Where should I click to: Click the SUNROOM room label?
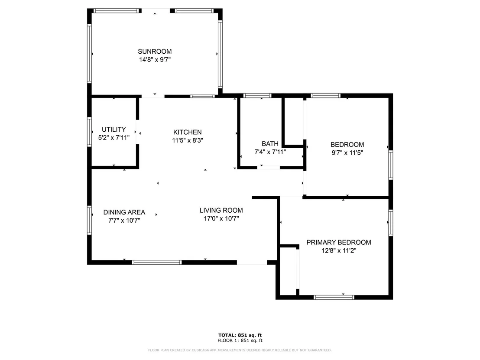point(155,52)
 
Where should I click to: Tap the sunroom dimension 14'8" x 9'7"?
point(155,60)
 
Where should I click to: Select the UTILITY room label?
point(114,130)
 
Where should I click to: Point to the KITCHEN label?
point(187,132)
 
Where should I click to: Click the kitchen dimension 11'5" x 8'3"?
point(187,140)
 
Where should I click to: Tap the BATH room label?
point(270,143)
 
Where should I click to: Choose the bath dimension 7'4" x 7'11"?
point(270,152)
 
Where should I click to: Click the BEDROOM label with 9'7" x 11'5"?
point(347,145)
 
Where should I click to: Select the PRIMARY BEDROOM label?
point(339,243)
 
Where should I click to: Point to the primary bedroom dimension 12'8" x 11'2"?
point(339,251)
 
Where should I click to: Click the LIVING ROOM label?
point(221,210)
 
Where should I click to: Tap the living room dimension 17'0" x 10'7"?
point(221,219)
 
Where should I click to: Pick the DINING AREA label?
point(124,212)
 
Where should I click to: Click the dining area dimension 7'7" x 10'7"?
point(124,221)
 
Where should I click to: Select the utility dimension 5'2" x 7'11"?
point(114,138)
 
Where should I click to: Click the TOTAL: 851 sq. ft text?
point(240,335)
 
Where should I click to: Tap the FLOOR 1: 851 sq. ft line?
point(240,341)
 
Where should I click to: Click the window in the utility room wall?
point(89,132)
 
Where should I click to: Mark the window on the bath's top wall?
point(257,95)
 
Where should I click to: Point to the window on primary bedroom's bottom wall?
point(334,297)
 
